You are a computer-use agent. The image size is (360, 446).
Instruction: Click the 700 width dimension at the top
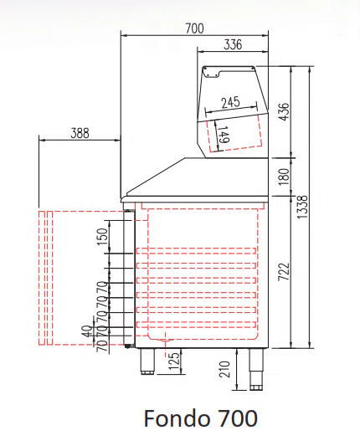pos(195,28)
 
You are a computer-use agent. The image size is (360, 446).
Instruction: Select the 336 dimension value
pos(233,44)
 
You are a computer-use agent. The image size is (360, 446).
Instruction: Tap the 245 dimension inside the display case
pos(231,102)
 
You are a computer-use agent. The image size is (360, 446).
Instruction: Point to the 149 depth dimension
pos(224,135)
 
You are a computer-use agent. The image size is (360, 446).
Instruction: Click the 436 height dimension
pos(285,111)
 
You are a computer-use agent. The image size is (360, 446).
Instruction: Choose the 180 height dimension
pos(284,177)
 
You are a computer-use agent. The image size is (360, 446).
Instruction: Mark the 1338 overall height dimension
pos(302,207)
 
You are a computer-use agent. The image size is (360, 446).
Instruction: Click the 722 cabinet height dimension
pos(284,272)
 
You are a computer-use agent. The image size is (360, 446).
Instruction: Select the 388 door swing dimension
pos(80,133)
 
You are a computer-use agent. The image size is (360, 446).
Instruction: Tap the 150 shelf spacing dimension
pos(103,236)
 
